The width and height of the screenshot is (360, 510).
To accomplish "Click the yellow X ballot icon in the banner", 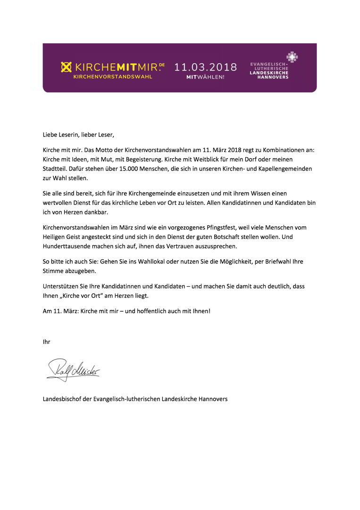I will click(67, 68).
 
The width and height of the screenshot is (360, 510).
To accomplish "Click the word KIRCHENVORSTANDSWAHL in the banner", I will click(113, 76).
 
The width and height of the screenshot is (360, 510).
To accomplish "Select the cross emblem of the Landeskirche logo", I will click(293, 58).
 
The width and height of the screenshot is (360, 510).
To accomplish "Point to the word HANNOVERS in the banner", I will click(269, 77).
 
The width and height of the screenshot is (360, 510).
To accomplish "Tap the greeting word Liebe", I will click(50, 135).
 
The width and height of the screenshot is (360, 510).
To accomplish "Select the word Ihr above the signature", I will click(46, 341).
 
